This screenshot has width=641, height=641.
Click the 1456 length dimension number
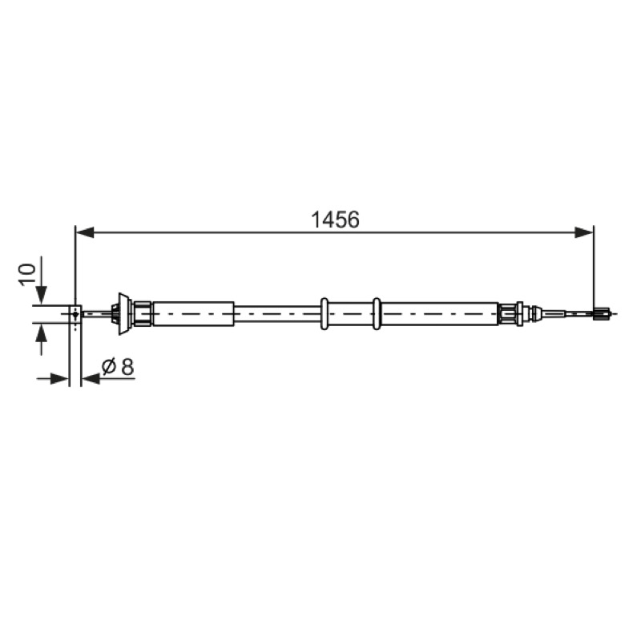335,220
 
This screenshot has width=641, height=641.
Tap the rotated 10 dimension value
27,275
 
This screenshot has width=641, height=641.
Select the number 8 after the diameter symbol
127,367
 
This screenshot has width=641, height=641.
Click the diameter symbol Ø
109,366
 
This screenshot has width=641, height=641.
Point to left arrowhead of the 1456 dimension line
85,232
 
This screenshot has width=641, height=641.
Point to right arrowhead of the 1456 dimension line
584,232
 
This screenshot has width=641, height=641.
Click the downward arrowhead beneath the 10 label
42,296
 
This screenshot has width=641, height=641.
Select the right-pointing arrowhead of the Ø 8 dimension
59,379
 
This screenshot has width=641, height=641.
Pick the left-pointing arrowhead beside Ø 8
91,379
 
